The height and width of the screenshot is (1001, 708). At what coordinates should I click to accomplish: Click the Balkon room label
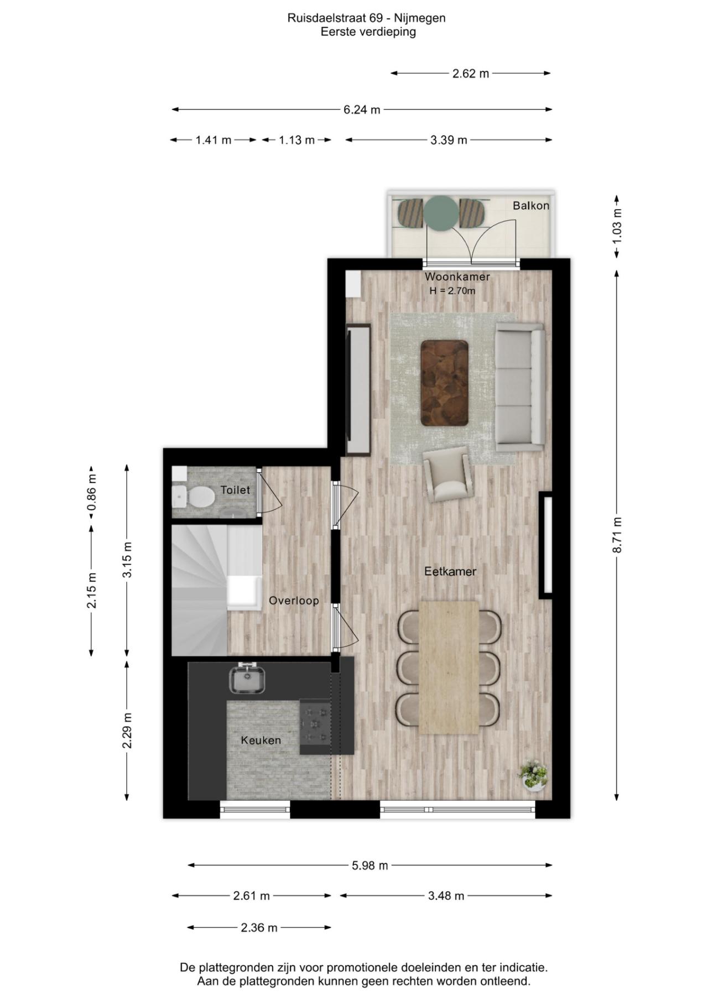click(x=531, y=206)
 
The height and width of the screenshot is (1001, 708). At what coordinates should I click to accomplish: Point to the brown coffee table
click(x=445, y=383)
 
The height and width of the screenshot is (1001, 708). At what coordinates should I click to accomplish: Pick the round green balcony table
click(x=441, y=212)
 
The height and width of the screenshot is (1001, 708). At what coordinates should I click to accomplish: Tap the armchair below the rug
click(x=448, y=475)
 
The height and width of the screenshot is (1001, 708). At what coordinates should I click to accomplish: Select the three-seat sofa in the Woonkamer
click(x=519, y=387)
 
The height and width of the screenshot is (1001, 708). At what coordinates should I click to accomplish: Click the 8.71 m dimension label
click(x=618, y=535)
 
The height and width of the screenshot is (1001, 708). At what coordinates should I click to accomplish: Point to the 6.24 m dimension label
click(x=362, y=110)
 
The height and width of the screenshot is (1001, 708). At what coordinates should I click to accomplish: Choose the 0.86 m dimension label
click(x=92, y=493)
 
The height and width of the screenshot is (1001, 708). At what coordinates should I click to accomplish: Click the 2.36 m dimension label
click(x=259, y=927)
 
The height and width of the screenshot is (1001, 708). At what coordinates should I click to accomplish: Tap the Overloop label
click(x=294, y=601)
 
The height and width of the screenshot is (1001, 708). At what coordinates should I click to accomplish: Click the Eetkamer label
click(x=450, y=571)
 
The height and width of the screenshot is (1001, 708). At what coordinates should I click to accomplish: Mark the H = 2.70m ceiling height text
click(x=452, y=290)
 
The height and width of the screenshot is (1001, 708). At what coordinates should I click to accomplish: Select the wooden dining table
click(x=449, y=668)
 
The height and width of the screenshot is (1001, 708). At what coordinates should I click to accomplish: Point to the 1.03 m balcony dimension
click(x=618, y=226)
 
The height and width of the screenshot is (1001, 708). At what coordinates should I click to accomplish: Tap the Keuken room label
click(x=261, y=740)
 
